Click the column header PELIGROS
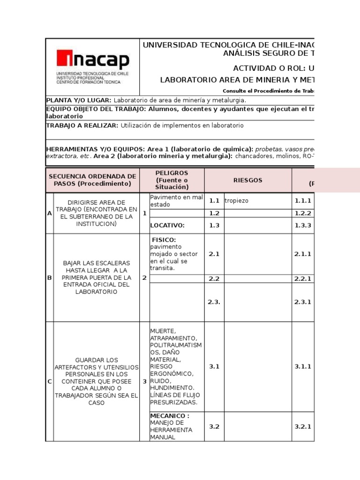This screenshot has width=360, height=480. [172, 173]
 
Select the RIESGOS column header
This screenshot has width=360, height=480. [248, 180]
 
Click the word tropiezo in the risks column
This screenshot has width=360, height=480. [237, 201]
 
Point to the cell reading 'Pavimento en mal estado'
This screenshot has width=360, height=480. [176, 201]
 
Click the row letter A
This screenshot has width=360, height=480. [49, 213]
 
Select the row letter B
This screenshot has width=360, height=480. [49, 278]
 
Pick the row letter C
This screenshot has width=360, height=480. [49, 382]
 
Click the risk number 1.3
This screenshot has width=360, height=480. [214, 225]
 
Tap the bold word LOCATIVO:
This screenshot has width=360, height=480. [167, 225]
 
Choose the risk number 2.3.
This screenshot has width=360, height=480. [214, 302]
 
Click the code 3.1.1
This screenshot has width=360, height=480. [303, 367]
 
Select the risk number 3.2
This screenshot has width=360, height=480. [214, 427]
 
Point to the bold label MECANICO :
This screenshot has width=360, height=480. [170, 415]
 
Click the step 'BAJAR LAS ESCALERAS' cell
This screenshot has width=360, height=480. [97, 277]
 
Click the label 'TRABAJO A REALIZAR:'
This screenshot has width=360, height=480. [82, 126]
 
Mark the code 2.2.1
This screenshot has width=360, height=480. [303, 278]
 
